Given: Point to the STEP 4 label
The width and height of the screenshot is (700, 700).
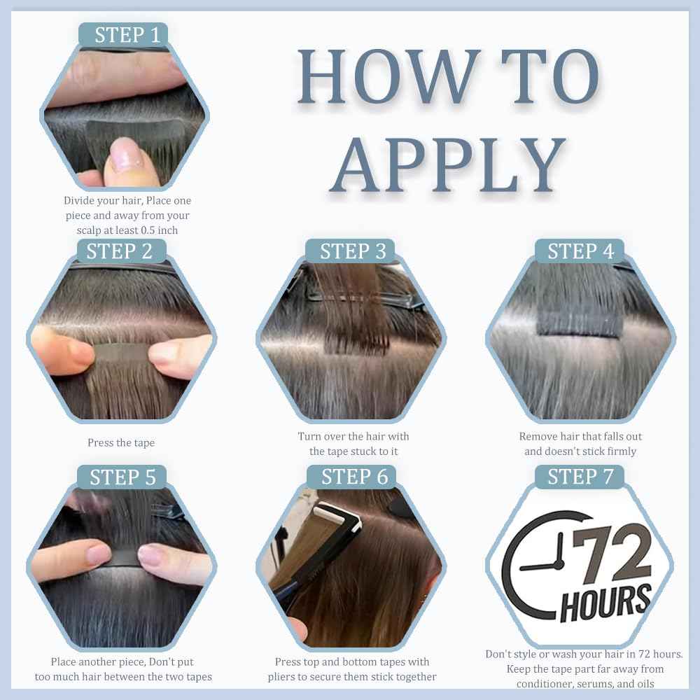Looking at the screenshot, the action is (x=580, y=251).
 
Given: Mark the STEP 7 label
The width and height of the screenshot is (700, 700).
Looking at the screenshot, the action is (x=580, y=477).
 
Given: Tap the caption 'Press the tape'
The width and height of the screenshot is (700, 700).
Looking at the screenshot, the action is (x=121, y=442).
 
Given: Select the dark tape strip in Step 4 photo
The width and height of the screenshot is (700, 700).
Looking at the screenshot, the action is (x=580, y=323).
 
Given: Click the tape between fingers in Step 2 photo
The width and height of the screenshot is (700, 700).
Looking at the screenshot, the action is (x=121, y=353).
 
